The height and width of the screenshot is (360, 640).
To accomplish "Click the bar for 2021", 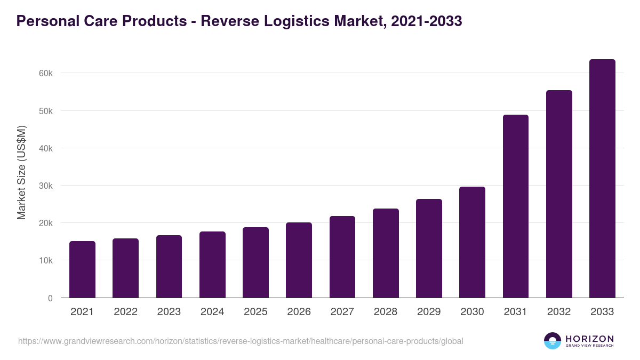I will tap(82, 269).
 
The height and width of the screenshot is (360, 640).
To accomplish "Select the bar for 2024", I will tap(212, 265).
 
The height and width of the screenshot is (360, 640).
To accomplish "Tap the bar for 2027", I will tap(342, 257).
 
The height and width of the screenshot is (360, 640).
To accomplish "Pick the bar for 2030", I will tap(472, 242).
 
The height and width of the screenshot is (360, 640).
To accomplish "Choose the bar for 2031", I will tap(516, 206).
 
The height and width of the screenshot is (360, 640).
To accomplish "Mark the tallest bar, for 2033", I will tap(602, 179).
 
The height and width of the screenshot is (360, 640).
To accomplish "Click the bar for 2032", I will tap(559, 194).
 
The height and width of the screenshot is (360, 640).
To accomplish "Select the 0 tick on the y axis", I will tap(50, 298).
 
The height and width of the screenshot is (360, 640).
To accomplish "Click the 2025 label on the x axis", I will tap(255, 312).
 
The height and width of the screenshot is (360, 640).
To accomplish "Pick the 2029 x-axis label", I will tap(429, 312).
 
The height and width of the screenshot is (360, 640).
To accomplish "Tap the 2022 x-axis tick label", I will tap(125, 312).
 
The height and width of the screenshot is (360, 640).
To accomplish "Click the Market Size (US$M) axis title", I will tap(21, 172).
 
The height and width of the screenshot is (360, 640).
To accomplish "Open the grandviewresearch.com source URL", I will tap(241, 341).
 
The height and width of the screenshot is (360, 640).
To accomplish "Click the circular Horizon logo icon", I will tap(553, 341).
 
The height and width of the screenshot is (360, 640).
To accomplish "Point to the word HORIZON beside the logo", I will tap(589, 338).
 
